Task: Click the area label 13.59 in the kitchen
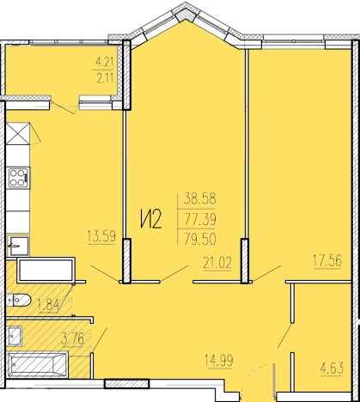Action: point(101,237)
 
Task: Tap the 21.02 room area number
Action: point(217,263)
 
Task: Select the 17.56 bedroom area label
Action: point(327,260)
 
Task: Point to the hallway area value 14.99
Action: point(219,360)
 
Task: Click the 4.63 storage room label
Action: point(332,368)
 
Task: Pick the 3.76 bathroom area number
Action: point(72,339)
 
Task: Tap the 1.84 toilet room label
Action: point(48,304)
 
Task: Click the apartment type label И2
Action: point(151,219)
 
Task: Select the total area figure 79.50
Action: point(200,239)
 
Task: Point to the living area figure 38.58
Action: point(200,198)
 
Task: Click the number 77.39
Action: point(200,220)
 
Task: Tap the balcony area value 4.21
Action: point(105,62)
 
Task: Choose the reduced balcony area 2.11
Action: point(105,78)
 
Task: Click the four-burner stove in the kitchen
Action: point(19,178)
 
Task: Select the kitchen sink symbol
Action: point(18,245)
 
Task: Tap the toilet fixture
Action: point(18,301)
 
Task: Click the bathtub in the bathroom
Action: point(37,365)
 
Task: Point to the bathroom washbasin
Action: point(14,336)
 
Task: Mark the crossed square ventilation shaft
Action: point(18,133)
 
